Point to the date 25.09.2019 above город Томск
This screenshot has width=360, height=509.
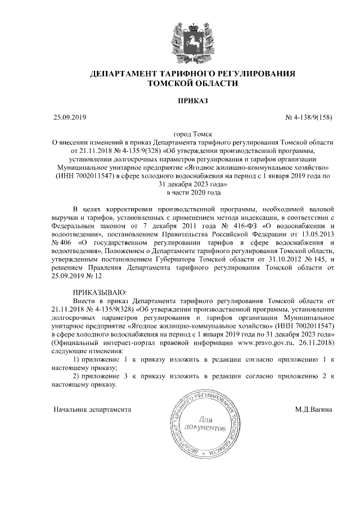(69, 117)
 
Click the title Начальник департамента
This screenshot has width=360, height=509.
(92, 409)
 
